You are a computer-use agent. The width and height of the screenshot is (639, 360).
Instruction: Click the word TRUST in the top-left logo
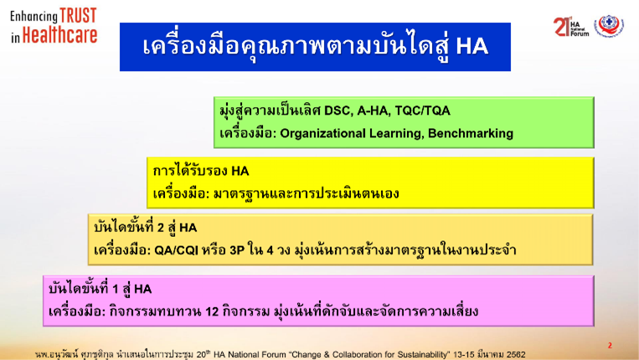(x=78, y=15)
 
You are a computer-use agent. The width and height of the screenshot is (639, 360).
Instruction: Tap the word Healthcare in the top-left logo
(x=59, y=35)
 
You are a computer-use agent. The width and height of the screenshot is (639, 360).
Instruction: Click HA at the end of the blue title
(x=472, y=46)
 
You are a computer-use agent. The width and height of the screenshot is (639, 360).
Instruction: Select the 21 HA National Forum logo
(x=571, y=27)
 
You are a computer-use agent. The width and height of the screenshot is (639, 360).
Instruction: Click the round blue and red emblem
(x=609, y=26)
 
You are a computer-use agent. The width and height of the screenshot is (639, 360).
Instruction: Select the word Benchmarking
(x=471, y=134)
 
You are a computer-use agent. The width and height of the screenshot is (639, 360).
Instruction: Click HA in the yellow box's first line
(x=240, y=171)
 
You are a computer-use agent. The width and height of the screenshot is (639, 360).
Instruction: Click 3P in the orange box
(x=237, y=250)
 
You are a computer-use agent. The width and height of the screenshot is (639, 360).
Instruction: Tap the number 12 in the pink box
(x=212, y=312)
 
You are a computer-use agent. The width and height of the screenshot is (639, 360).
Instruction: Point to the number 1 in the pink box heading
(x=116, y=289)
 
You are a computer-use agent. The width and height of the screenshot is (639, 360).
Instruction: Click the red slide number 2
(x=610, y=345)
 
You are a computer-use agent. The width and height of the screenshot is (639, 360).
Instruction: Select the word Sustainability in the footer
(x=420, y=355)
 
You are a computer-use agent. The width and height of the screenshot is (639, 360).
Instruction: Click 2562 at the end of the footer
(x=516, y=355)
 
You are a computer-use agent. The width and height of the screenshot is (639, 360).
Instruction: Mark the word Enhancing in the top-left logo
(x=33, y=17)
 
